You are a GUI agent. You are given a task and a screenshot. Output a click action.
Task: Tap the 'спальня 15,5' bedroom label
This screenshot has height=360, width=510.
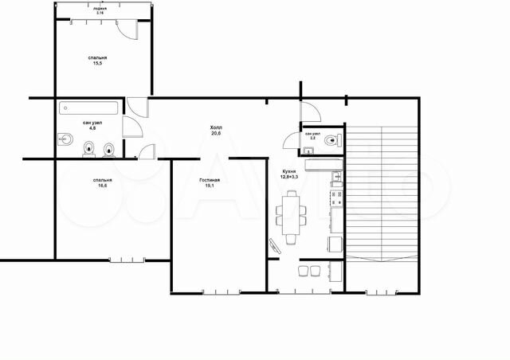pyautogui.click(x=99, y=62)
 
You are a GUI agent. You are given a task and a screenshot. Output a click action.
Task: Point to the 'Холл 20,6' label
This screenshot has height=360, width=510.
pyautogui.click(x=216, y=131)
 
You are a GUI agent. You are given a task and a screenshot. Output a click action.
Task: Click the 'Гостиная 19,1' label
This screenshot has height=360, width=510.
pyautogui.click(x=210, y=183)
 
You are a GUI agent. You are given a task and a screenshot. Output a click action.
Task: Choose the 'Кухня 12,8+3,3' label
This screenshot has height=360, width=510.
pyautogui.click(x=290, y=174)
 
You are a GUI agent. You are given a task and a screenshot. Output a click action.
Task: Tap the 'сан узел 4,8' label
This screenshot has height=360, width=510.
pyautogui.click(x=91, y=125)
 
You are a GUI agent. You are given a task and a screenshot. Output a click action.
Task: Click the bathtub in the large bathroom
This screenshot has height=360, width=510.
pyautogui.click(x=88, y=107)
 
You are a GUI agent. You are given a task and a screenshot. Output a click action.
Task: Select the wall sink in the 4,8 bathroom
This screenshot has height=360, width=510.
pyautogui.click(x=65, y=142)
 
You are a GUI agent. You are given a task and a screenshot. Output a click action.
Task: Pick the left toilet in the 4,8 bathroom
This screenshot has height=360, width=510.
pyautogui.click(x=90, y=148)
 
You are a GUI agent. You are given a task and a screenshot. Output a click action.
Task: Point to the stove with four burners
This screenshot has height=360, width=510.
pyautogui.click(x=336, y=192)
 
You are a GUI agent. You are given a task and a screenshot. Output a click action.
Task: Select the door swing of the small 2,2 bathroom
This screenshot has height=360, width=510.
pyautogui.click(x=288, y=140)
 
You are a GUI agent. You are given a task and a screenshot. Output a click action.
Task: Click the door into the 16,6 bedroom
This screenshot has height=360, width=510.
pyautogui.click(x=146, y=151)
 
